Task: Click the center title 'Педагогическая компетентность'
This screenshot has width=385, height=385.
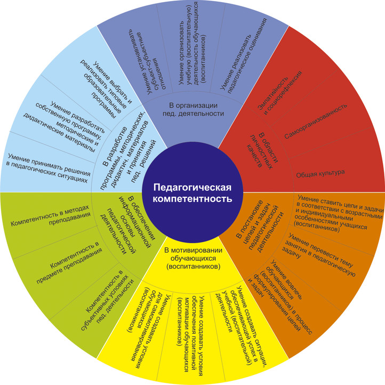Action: (192, 192)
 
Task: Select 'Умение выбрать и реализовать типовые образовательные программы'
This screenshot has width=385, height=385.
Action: (111, 80)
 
